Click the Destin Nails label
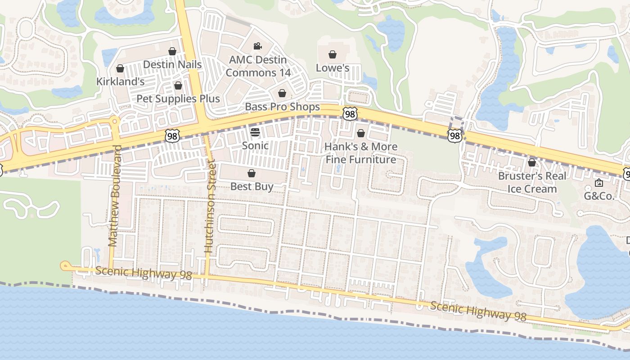click(172, 64)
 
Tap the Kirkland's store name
click(120, 81)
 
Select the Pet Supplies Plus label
click(178, 99)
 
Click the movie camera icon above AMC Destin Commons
click(258, 46)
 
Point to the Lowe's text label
click(333, 68)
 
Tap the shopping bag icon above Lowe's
click(333, 55)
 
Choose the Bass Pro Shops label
click(282, 107)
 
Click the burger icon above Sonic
click(255, 132)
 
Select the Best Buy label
click(252, 186)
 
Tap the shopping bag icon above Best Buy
click(252, 173)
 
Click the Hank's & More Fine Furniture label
click(361, 153)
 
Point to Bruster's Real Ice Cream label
click(532, 182)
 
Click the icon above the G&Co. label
click(599, 183)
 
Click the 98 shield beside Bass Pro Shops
click(350, 113)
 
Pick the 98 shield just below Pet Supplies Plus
click(172, 135)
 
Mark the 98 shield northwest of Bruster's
click(454, 135)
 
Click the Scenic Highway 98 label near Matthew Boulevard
click(144, 273)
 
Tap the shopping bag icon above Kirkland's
click(120, 68)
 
